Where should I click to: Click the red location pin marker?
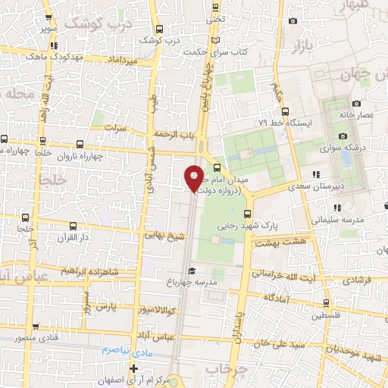(194, 177)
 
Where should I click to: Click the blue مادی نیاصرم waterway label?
(124, 351)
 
